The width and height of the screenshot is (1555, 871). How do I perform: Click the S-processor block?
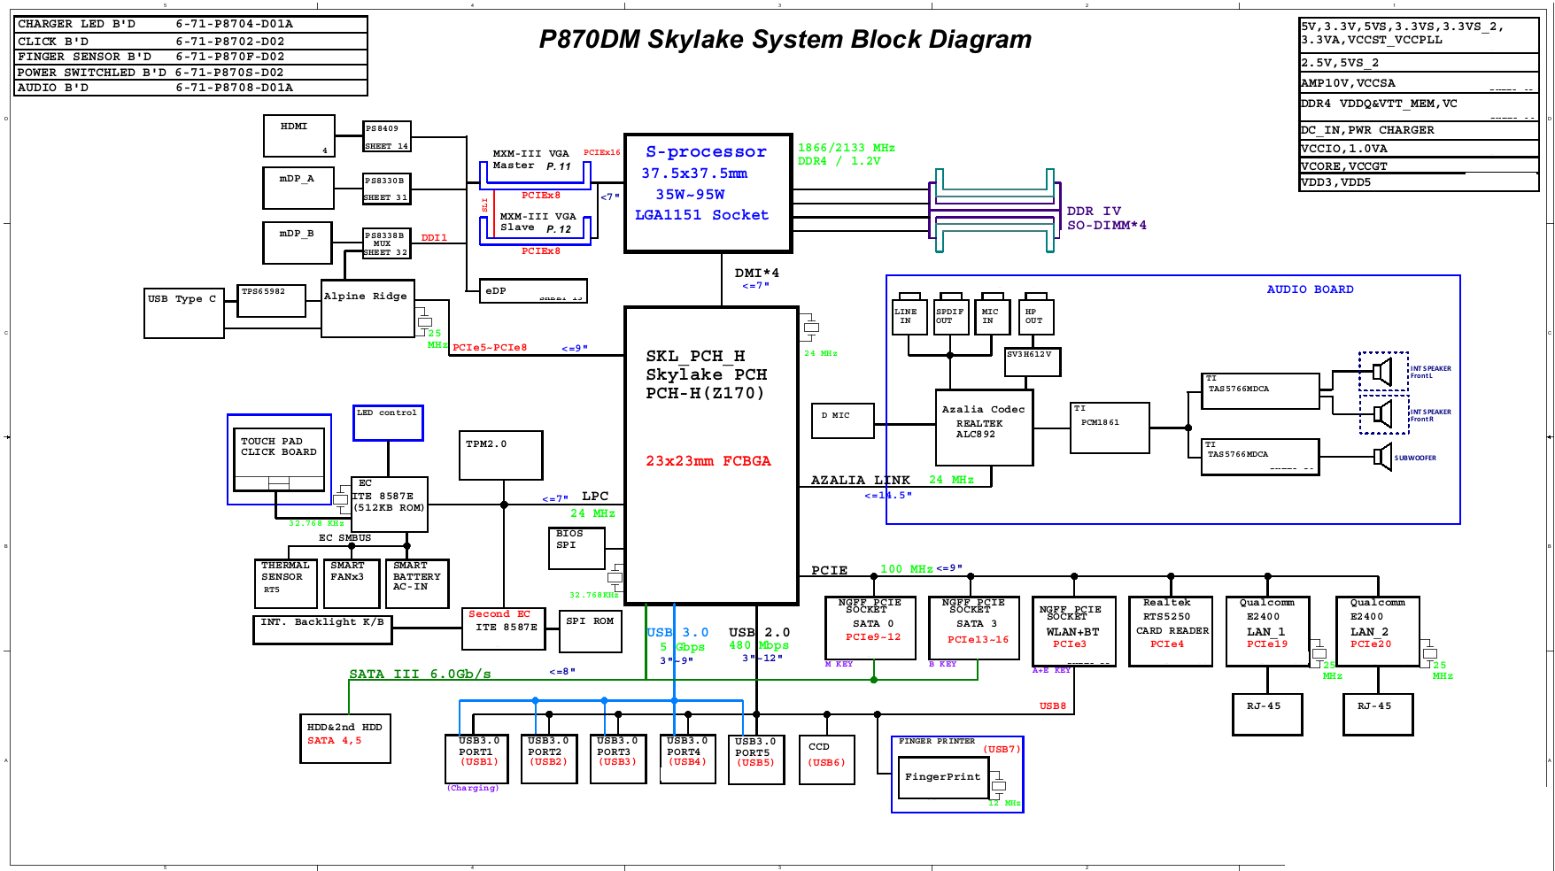708,193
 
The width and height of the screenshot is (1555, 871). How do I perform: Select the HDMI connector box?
298,135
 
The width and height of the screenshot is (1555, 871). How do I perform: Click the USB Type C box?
184,312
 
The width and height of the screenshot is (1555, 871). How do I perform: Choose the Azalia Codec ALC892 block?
984,428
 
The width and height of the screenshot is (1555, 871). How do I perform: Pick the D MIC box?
842,420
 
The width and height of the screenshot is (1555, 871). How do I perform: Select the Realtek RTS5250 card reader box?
1171,631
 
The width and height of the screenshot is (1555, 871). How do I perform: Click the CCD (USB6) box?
826,759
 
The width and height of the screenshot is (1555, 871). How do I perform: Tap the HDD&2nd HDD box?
344,738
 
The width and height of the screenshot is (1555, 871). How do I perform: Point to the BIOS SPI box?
576,548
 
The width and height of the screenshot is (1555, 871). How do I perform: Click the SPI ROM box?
590,631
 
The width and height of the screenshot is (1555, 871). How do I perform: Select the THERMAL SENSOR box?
285,582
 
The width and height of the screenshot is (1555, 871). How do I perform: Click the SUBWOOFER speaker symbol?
1382,458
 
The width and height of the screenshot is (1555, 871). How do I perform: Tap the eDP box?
532,290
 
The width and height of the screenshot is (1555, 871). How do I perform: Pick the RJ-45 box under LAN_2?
1377,713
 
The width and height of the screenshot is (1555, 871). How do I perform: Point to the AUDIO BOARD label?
1310,289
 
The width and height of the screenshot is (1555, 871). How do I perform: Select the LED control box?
388,422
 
